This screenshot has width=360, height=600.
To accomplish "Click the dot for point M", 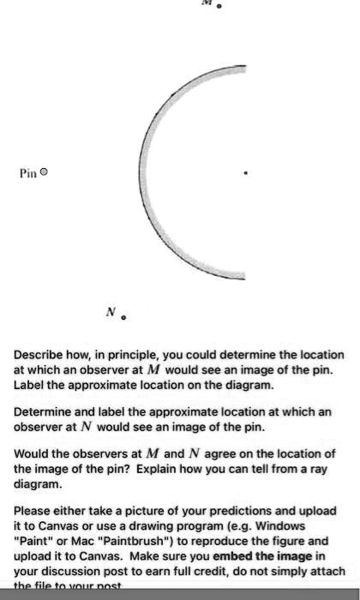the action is [219, 6].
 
